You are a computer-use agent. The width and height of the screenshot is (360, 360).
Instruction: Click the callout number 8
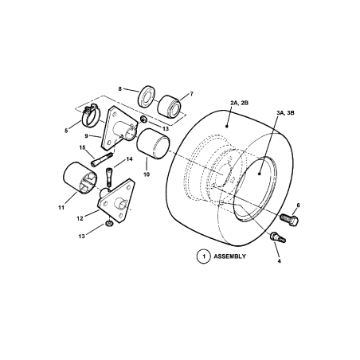pyautogui.click(x=120, y=89)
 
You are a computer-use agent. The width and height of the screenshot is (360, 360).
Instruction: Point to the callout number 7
pyautogui.click(x=191, y=93)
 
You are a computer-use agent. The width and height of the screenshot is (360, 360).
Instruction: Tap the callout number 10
pyautogui.click(x=146, y=174)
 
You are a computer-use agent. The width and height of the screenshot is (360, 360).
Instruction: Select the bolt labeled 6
pyautogui.click(x=288, y=217)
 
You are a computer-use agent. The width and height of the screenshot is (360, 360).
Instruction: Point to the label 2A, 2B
pyautogui.click(x=240, y=104)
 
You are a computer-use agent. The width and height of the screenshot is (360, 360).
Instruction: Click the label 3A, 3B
pyautogui.click(x=284, y=115)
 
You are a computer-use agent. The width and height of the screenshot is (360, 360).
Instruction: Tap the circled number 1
pyautogui.click(x=204, y=256)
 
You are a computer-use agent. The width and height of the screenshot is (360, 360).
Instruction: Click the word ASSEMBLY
pyautogui.click(x=230, y=256)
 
